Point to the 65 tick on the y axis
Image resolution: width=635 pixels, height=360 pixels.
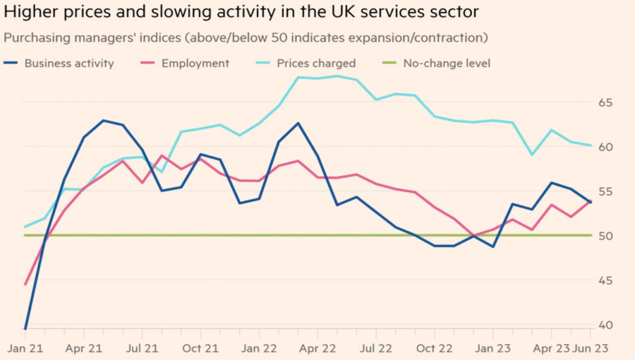[x=606, y=103]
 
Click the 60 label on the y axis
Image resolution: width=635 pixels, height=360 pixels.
[x=606, y=148]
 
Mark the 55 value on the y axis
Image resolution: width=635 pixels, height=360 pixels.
[x=606, y=192]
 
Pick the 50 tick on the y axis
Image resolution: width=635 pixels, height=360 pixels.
[x=606, y=236]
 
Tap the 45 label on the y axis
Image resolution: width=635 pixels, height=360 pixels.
[x=606, y=281]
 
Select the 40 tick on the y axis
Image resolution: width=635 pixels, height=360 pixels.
[x=606, y=325]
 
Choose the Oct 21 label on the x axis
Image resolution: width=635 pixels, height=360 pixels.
[x=201, y=348]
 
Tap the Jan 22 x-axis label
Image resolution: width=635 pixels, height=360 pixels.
[x=260, y=348]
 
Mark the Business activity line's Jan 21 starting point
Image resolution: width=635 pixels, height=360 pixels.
[x=25, y=328]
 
